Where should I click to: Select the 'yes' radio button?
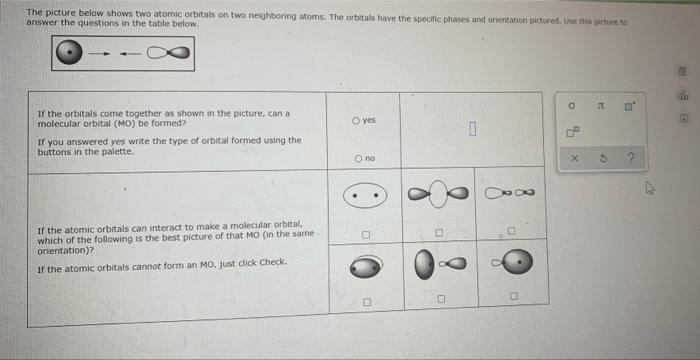[357, 120]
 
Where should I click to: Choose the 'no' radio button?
[357, 159]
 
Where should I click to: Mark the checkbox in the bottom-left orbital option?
[366, 300]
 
